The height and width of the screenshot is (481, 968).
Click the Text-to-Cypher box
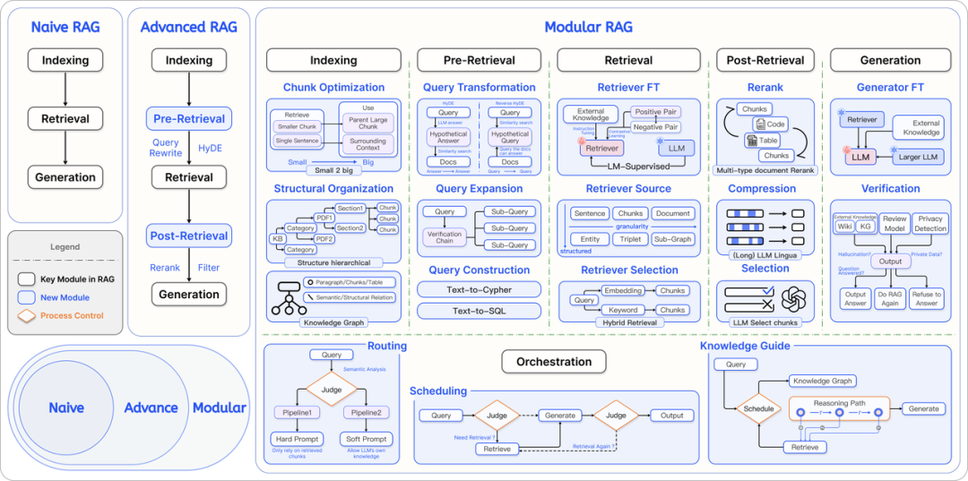coord(479,289)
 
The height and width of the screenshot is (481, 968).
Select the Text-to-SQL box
coord(479,311)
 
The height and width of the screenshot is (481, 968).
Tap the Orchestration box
coord(554,362)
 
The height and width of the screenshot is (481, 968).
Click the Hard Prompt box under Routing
coord(296,439)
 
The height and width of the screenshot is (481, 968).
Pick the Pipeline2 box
coord(366,412)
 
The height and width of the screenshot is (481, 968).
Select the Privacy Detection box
coord(930,223)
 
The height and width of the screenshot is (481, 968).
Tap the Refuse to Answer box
coord(926,298)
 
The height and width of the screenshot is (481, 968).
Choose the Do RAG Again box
coord(891,298)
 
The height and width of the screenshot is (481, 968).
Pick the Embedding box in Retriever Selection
coord(623,291)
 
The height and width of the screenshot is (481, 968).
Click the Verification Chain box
coord(445,237)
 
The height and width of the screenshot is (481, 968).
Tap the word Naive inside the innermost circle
coord(66,408)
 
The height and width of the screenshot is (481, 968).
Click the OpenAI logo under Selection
coord(793,300)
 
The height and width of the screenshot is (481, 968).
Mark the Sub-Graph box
coord(672,239)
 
